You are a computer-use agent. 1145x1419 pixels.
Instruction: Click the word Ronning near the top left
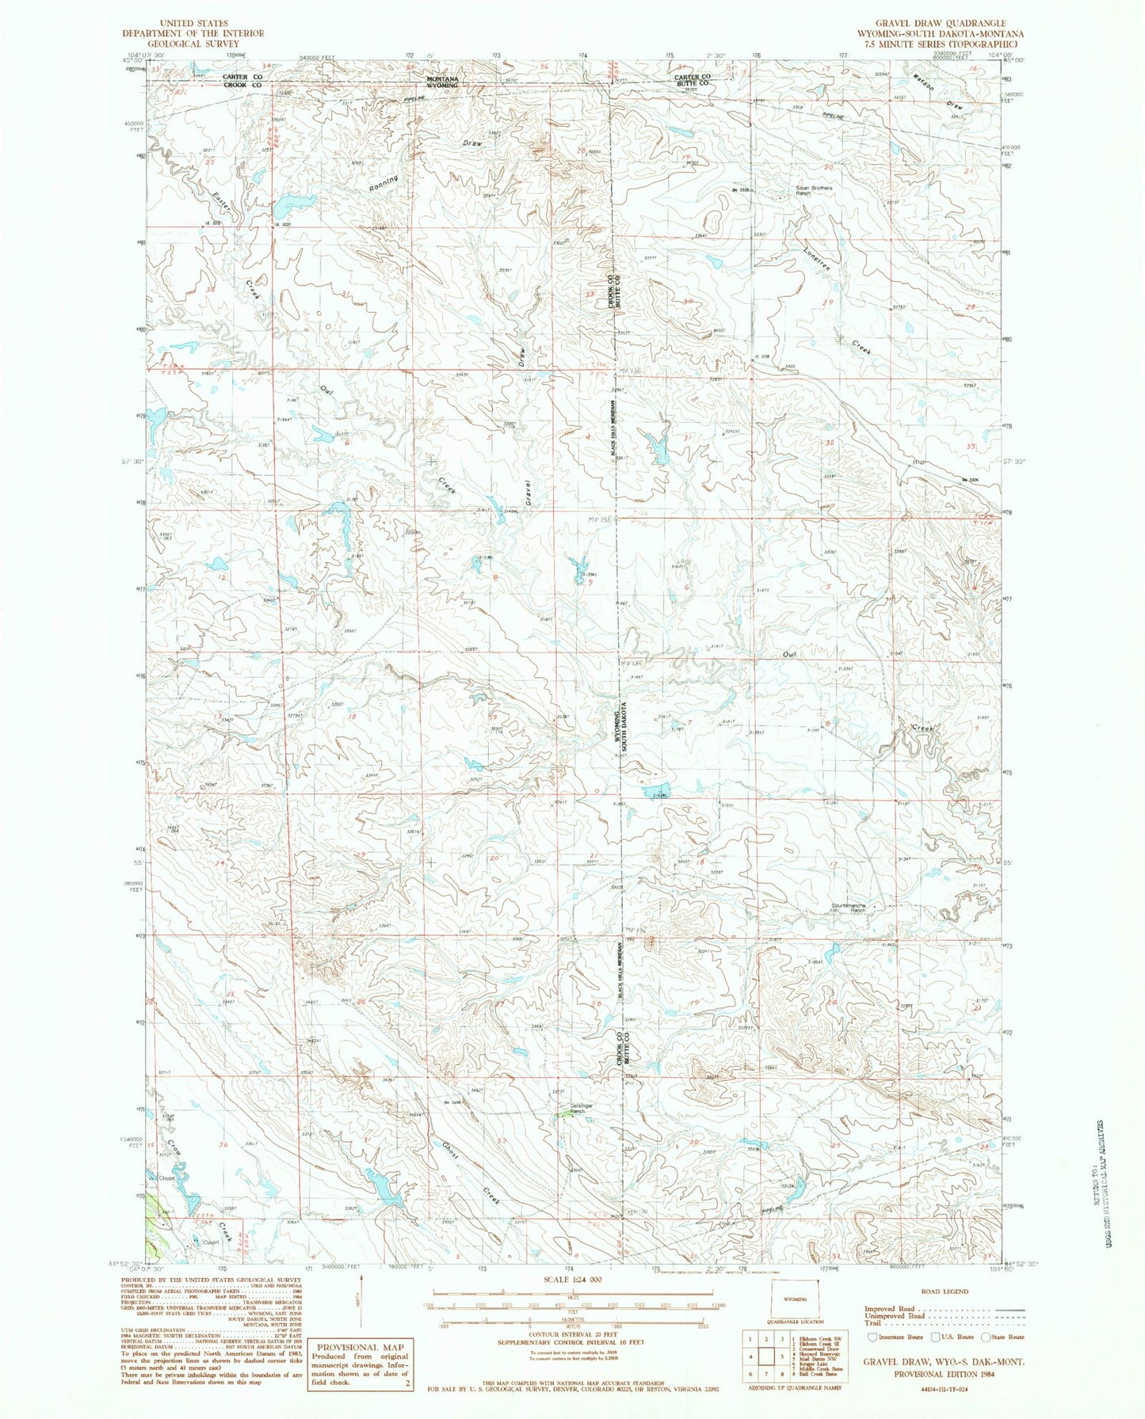click(x=383, y=183)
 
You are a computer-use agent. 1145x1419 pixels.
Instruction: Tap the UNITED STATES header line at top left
click(x=193, y=24)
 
